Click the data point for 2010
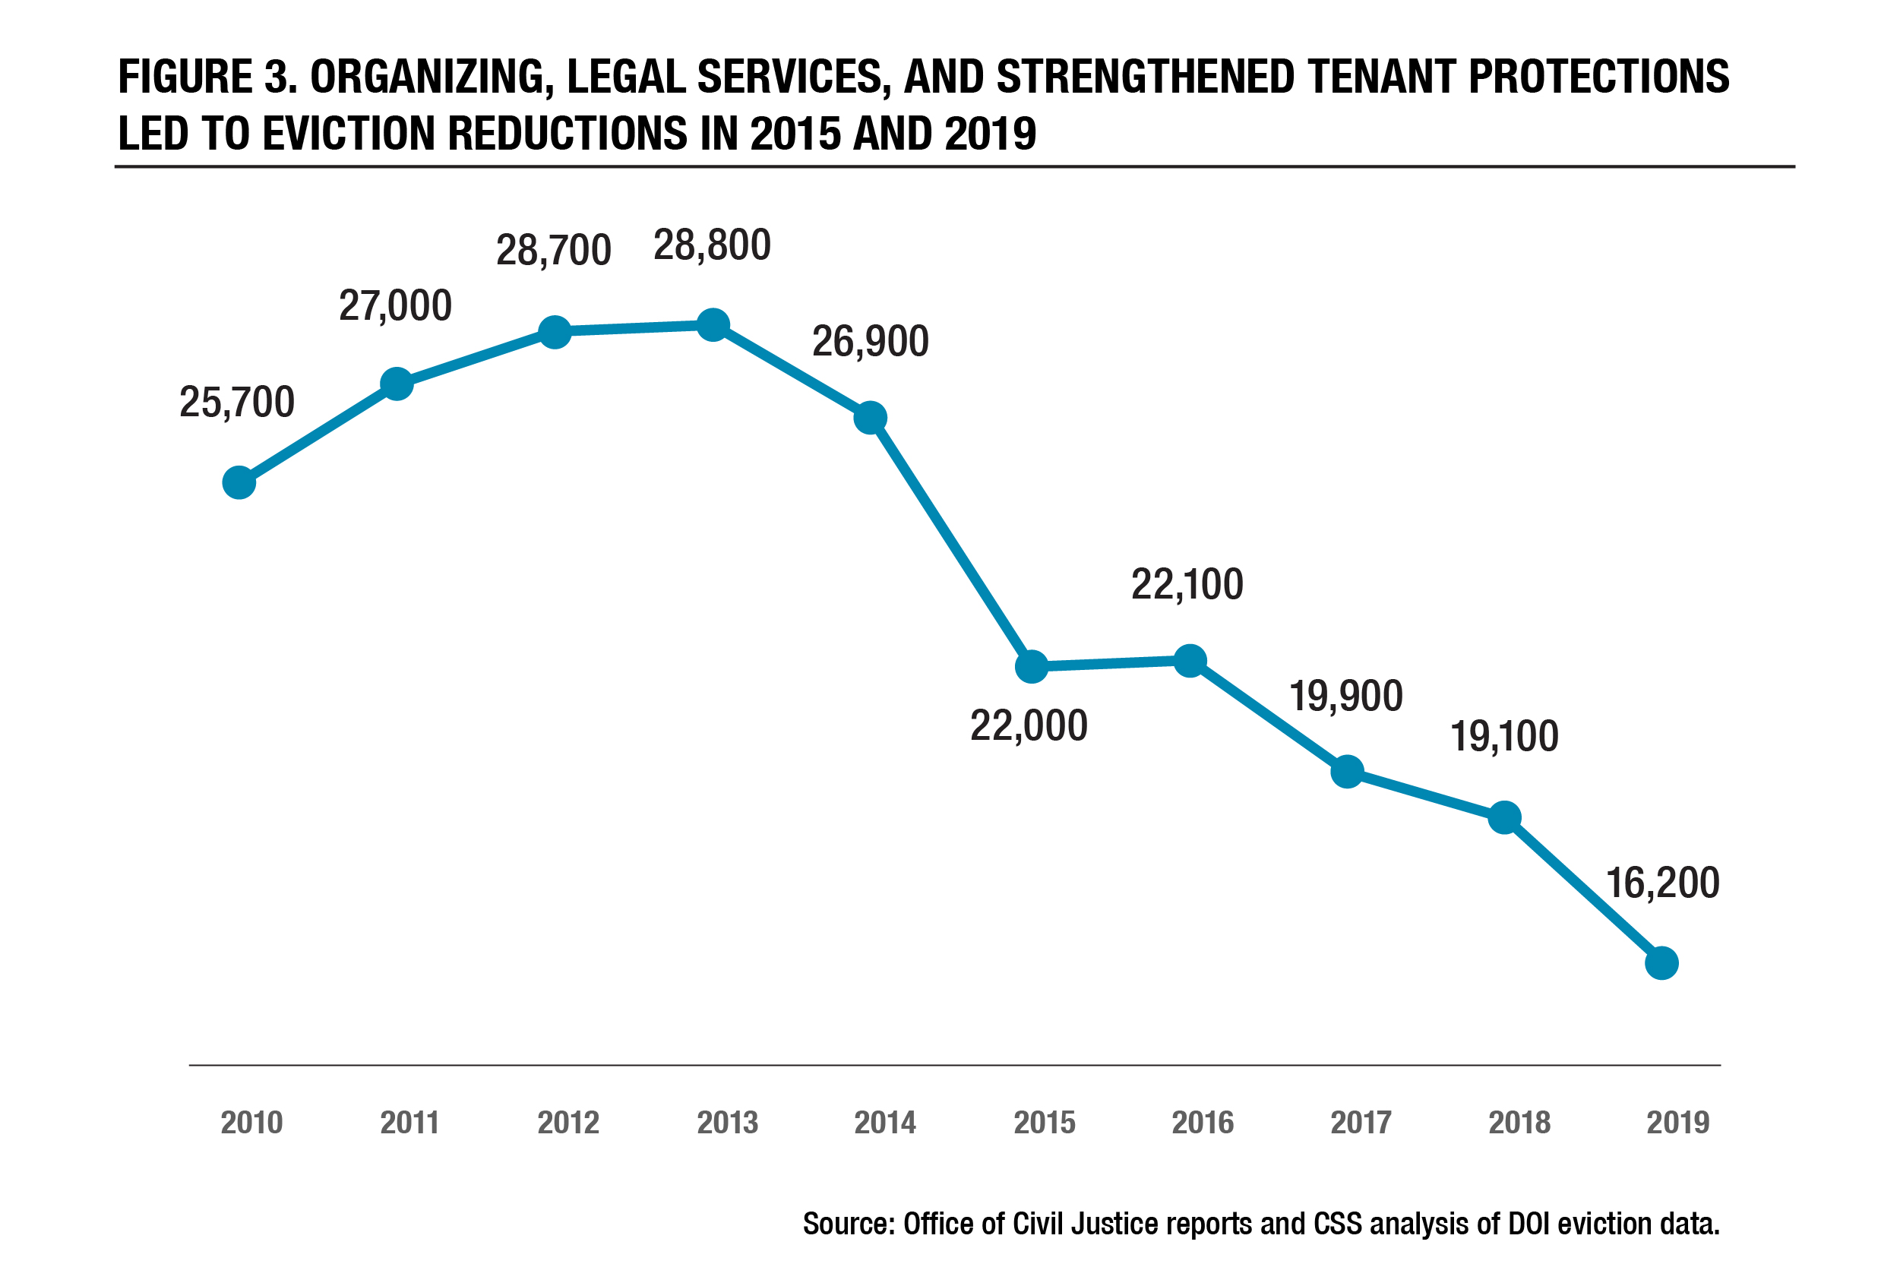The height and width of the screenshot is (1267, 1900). pos(239,483)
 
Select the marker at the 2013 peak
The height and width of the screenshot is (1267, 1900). pos(713,325)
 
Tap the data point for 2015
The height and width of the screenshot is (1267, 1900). pos(1032,667)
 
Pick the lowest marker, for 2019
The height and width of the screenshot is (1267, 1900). pos(1661,963)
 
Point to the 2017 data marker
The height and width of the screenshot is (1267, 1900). pos(1347,772)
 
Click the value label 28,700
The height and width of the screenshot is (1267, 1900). pos(554,251)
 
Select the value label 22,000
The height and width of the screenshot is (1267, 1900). pos(1028,725)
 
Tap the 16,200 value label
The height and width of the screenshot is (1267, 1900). pos(1661,883)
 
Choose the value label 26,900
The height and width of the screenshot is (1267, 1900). pos(871,342)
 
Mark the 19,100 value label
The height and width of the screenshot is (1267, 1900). pos(1504,737)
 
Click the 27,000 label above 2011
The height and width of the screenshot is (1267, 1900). pos(395,306)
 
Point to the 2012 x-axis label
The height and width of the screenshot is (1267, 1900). pos(568,1123)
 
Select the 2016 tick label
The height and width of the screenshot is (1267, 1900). pos(1203,1123)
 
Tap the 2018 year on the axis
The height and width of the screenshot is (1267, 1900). pos(1519,1123)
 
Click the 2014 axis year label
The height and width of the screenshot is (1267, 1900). pos(885,1123)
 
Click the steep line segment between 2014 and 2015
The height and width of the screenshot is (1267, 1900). pos(951,542)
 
